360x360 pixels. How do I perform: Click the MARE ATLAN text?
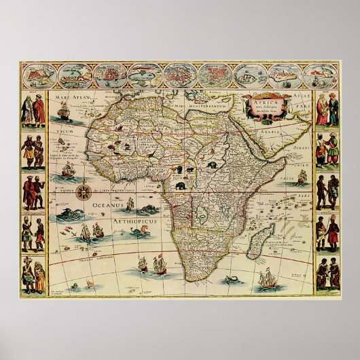[65, 99]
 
